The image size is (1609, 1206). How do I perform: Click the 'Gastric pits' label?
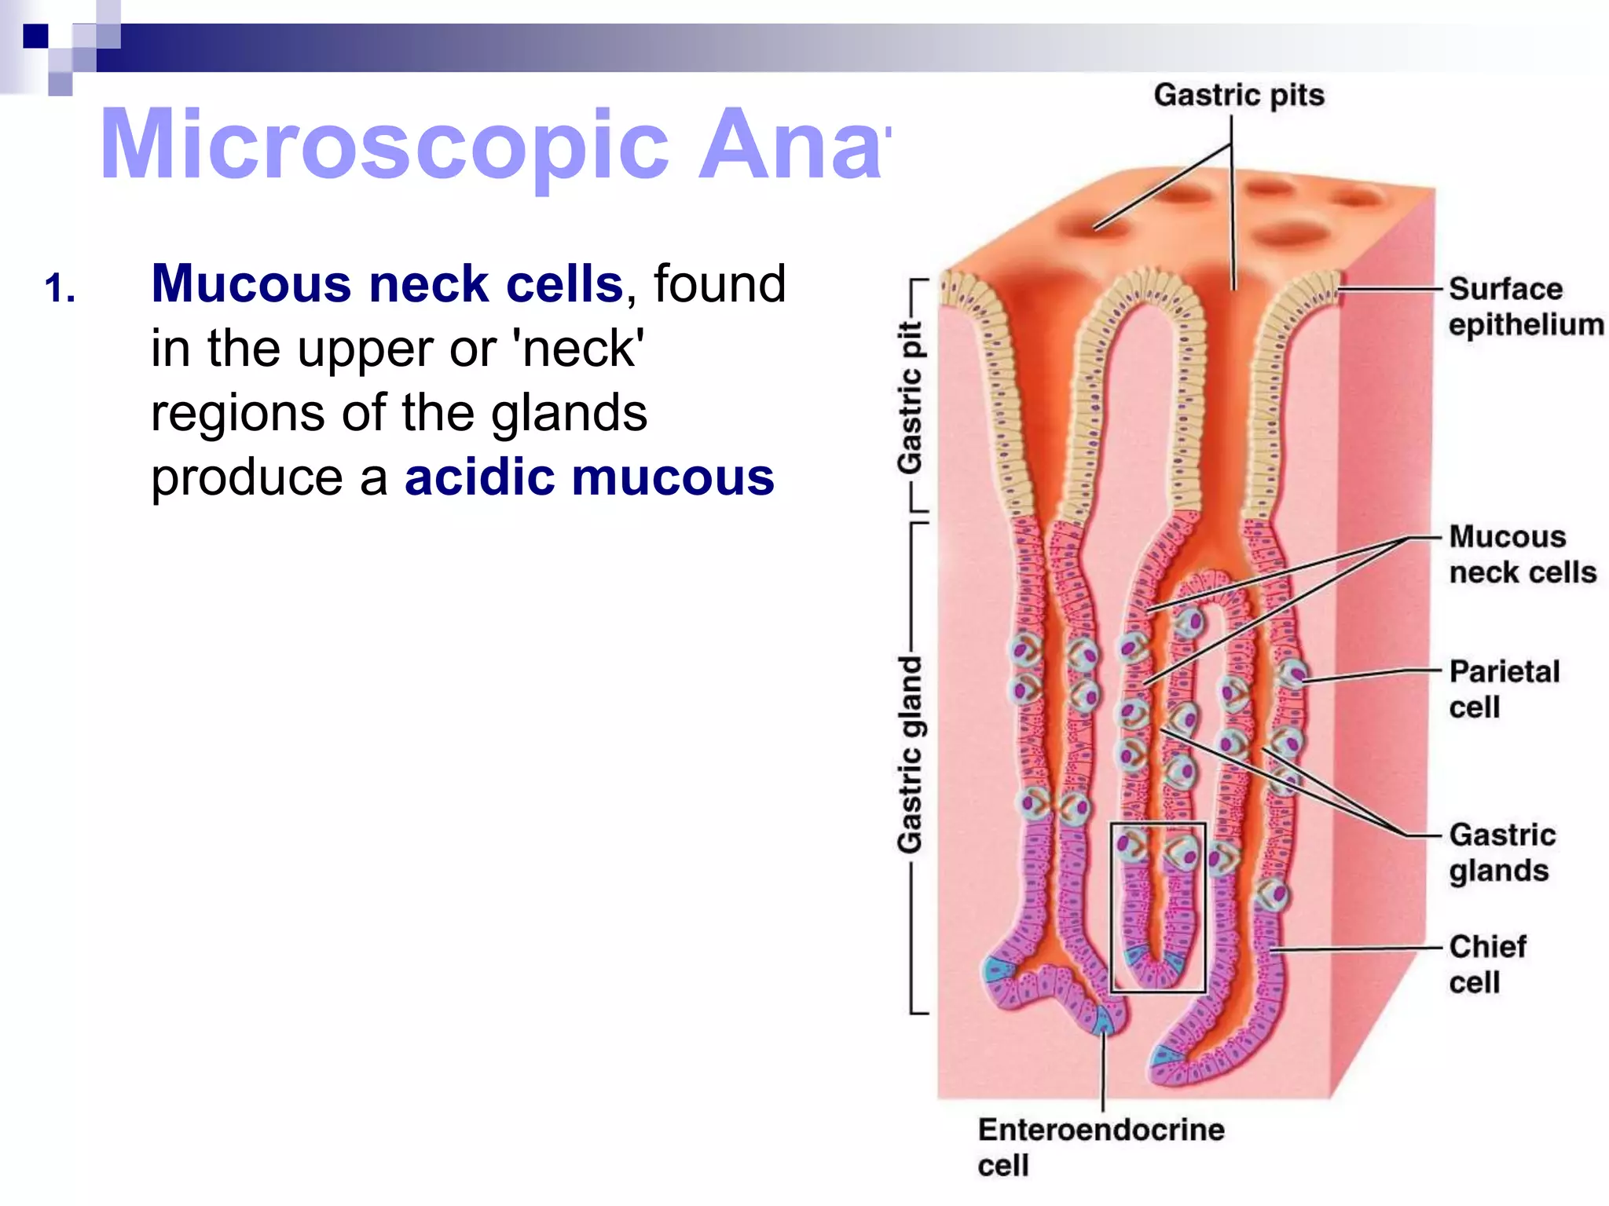tap(1238, 95)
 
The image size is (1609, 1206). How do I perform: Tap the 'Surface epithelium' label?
tap(1524, 306)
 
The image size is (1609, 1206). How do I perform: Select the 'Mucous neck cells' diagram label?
tap(1522, 554)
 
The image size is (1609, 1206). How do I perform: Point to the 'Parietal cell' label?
tap(1504, 689)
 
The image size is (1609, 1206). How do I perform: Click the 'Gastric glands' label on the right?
tap(1501, 852)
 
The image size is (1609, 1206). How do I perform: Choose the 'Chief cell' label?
tap(1486, 963)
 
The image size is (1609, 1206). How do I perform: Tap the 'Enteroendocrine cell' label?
tap(1100, 1146)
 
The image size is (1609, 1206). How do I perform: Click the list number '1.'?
tap(60, 288)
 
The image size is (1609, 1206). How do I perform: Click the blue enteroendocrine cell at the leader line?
tap(1104, 1021)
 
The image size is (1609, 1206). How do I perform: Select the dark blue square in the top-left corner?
tap(35, 36)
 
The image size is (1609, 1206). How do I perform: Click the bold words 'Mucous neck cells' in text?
tap(387, 283)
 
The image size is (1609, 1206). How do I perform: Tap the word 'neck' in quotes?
tap(581, 348)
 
